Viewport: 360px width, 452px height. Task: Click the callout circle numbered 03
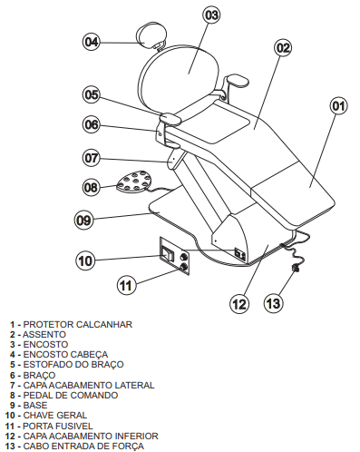pyautogui.click(x=211, y=15)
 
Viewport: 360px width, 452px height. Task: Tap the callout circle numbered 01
pyautogui.click(x=338, y=106)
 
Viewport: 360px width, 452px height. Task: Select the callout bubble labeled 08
pyautogui.click(x=91, y=187)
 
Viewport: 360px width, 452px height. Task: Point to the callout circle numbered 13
pyautogui.click(x=274, y=303)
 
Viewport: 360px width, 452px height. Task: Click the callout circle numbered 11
pyautogui.click(x=126, y=285)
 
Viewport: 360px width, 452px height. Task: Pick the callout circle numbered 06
pyautogui.click(x=92, y=124)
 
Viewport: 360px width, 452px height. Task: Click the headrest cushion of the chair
pyautogui.click(x=152, y=34)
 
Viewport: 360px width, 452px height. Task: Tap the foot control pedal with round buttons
pyautogui.click(x=133, y=181)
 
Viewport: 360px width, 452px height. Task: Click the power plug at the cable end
pyautogui.click(x=294, y=268)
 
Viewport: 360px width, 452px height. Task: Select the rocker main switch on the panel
pyautogui.click(x=168, y=253)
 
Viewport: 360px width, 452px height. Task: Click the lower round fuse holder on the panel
pyautogui.click(x=183, y=267)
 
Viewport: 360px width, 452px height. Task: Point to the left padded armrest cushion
pyautogui.click(x=170, y=118)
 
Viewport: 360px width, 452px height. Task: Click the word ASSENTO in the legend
pyautogui.click(x=44, y=334)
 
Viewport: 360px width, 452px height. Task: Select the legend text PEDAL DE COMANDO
pyautogui.click(x=71, y=395)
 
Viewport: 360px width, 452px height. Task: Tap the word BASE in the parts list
pyautogui.click(x=35, y=405)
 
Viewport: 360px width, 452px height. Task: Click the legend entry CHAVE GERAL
pyautogui.click(x=55, y=415)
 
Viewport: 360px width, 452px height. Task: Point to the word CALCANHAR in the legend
pyautogui.click(x=104, y=324)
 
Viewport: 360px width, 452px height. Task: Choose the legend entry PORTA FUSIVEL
pyautogui.click(x=58, y=426)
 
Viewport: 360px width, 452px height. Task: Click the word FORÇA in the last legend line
pyautogui.click(x=128, y=446)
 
